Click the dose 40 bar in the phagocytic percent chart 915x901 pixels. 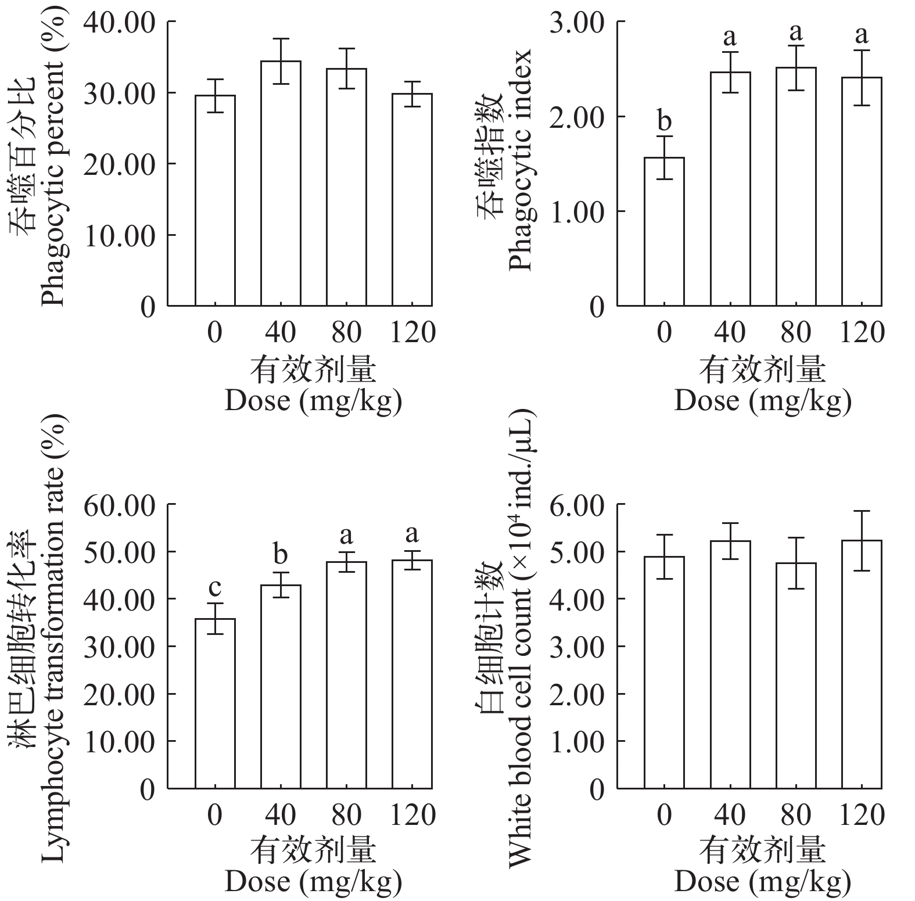tap(281, 183)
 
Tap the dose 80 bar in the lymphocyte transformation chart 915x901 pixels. tap(346, 674)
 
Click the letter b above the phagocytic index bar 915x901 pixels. tap(664, 121)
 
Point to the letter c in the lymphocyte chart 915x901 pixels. tap(215, 588)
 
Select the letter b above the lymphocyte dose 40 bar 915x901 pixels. tap(281, 555)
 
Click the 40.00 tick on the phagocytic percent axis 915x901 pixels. tap(120, 22)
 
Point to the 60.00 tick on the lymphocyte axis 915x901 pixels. tap(120, 505)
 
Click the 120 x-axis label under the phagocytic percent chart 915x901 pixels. tap(412, 333)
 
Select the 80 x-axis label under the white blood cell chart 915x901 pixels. tap(796, 816)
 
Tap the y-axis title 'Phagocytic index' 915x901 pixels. tap(521, 160)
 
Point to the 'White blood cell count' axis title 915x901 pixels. tap(521, 639)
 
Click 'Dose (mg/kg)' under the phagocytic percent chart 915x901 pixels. tap(313, 400)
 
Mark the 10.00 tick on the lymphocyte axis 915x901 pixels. tap(120, 741)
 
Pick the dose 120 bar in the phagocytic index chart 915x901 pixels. tap(862, 191)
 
